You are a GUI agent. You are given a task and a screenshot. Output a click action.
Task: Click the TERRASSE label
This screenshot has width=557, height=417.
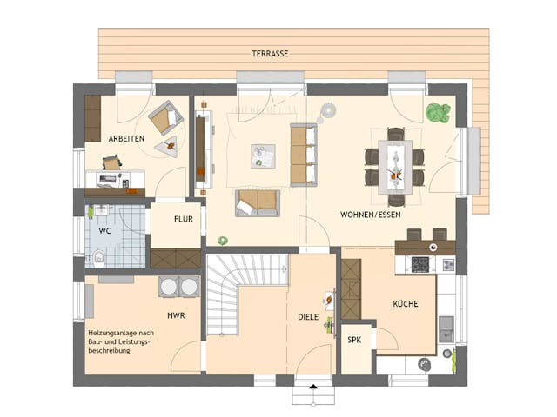point(270,53)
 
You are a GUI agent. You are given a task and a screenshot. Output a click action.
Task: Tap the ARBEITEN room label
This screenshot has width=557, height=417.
point(126,139)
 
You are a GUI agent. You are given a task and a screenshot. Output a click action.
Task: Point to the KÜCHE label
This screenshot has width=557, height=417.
point(406,304)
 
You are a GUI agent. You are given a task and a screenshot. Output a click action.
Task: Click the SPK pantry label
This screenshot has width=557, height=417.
point(355,341)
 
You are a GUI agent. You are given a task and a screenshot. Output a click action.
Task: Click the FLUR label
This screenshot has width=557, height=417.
point(183,220)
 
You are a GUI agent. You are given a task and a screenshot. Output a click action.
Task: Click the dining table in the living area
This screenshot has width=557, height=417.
point(395,166)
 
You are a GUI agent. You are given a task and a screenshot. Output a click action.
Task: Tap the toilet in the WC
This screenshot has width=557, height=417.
point(98,257)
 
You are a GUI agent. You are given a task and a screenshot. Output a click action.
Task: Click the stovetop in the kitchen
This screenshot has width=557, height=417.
point(421,263)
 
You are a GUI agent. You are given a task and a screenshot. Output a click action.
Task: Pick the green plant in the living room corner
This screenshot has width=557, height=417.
point(437,113)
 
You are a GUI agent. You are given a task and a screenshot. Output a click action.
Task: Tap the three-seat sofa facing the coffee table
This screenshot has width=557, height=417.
point(304,155)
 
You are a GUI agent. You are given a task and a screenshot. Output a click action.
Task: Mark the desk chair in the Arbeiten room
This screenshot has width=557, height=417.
point(112,162)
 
